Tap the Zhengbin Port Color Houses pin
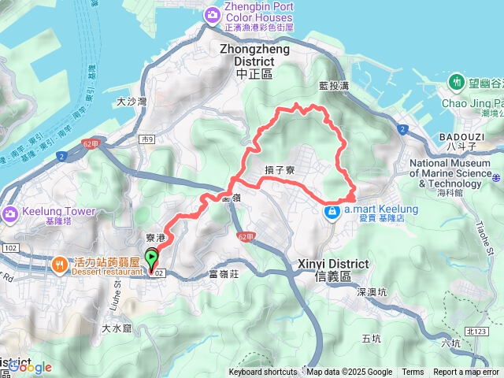click(212, 14)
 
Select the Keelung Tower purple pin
click(11, 213)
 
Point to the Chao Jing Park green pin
click(457, 82)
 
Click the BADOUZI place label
click(451, 135)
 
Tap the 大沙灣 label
click(132, 101)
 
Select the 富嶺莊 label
click(224, 274)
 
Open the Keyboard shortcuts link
click(263, 372)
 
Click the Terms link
click(413, 372)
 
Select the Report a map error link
click(466, 372)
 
